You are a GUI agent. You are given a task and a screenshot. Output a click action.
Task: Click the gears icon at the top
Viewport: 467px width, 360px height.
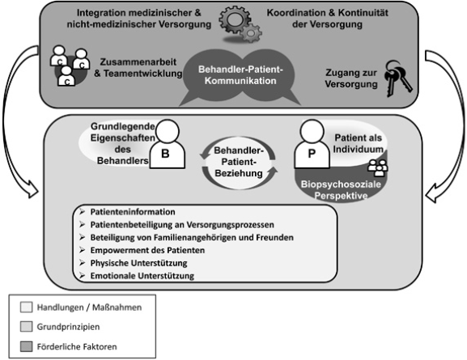coord(240,26)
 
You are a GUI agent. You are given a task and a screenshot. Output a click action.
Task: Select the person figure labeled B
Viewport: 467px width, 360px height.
coord(167,144)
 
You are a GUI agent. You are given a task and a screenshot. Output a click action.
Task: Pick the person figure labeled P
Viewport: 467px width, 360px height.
coord(312,144)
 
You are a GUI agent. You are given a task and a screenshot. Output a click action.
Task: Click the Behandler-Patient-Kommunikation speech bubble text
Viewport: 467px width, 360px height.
coord(240,75)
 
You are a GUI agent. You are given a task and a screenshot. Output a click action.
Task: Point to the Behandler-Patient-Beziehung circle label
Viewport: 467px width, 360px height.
coord(239,162)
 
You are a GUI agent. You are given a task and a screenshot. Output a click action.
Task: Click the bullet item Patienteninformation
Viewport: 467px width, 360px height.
coord(133,212)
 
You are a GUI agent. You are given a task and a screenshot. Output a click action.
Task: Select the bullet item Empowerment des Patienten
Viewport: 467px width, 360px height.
coord(147,250)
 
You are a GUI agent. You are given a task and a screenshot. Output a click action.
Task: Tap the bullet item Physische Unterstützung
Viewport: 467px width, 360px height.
coord(138,263)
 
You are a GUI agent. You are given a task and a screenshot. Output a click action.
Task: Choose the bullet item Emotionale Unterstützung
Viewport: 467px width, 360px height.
coord(142,276)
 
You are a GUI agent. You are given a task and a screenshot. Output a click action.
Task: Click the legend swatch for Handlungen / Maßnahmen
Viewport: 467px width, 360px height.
coord(26,307)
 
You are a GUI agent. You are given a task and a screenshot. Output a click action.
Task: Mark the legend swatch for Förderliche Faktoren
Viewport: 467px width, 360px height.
coord(26,346)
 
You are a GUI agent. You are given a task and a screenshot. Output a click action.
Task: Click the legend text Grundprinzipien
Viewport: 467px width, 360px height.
coord(68,327)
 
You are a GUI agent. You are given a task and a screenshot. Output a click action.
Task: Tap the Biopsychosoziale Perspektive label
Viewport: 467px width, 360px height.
coord(341,190)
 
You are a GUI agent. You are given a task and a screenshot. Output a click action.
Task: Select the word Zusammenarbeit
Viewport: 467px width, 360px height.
coord(138,62)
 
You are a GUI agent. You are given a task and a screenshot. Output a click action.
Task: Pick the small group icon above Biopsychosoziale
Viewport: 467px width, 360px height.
coord(378,168)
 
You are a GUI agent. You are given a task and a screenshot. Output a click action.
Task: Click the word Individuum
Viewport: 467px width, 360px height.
coord(358,149)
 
